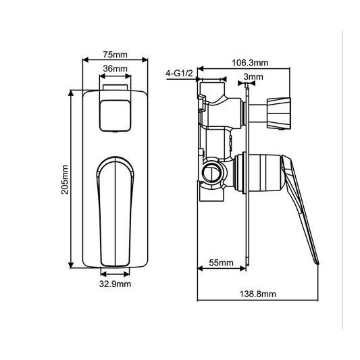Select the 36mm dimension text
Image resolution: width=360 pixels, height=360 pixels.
[115, 70]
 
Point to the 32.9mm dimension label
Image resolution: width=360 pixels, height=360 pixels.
[115, 284]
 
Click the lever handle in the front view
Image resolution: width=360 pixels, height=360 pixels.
[114, 209]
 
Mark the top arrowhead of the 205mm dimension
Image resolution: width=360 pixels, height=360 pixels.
[71, 92]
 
